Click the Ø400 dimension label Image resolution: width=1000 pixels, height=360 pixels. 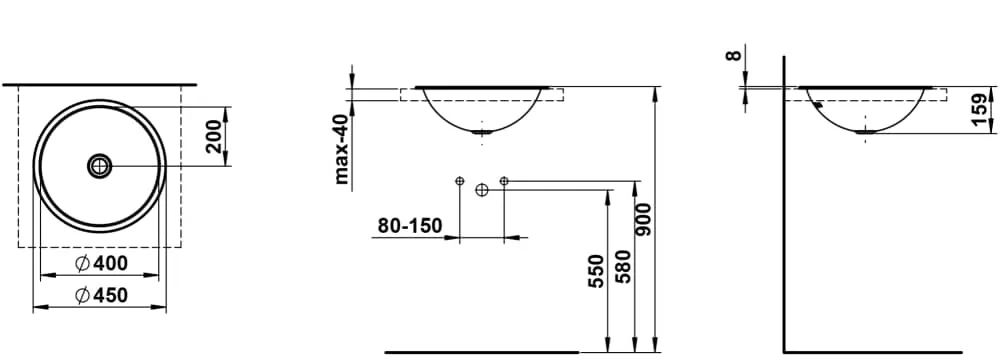[x=101, y=263]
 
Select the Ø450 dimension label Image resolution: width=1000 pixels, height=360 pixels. [x=101, y=295]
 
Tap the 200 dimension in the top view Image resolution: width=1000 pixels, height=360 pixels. [x=216, y=136]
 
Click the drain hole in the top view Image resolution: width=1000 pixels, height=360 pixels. [x=99, y=166]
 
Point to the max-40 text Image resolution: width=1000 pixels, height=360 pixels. [x=343, y=149]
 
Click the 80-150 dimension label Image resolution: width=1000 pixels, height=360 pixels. [x=409, y=226]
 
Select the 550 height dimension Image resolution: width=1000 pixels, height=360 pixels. [x=596, y=271]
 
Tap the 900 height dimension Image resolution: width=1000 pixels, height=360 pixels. [x=645, y=220]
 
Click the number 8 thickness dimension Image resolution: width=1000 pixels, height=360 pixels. [x=735, y=55]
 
